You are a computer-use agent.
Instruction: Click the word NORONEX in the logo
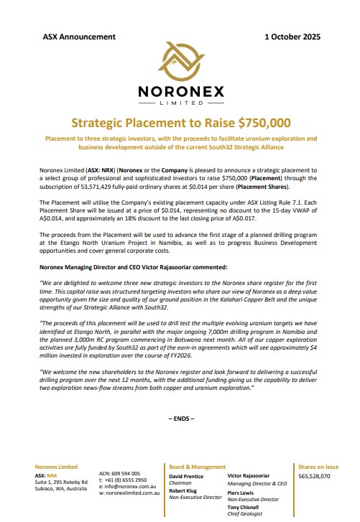pyautogui.click(x=180, y=93)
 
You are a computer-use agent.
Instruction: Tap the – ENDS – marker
pyautogui.click(x=180, y=417)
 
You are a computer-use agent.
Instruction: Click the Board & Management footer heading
pyautogui.click(x=198, y=467)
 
